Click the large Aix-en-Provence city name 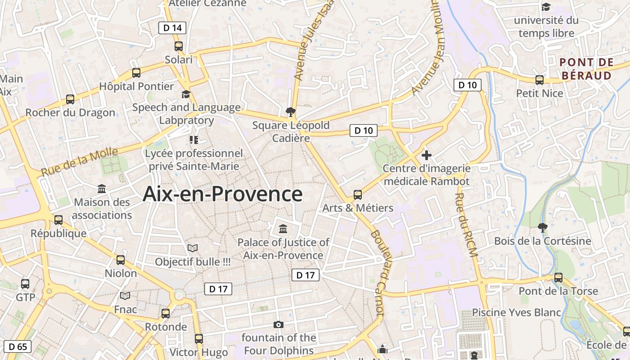pyautogui.click(x=222, y=194)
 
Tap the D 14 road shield pyautogui.click(x=172, y=28)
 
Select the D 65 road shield pyautogui.click(x=18, y=346)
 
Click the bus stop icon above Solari pyautogui.click(x=179, y=46)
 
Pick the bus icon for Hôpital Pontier pyautogui.click(x=136, y=72)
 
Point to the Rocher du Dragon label pyautogui.click(x=70, y=112)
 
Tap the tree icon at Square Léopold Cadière pyautogui.click(x=291, y=112)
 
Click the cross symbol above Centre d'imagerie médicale pyautogui.click(x=426, y=156)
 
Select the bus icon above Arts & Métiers pyautogui.click(x=358, y=195)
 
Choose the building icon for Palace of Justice pyautogui.click(x=283, y=229)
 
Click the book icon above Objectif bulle pyautogui.click(x=193, y=248)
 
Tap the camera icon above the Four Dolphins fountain pyautogui.click(x=279, y=324)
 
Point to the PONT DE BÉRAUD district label pyautogui.click(x=587, y=69)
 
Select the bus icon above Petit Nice pyautogui.click(x=540, y=80)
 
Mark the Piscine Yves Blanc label pyautogui.click(x=516, y=312)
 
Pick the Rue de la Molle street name pyautogui.click(x=79, y=162)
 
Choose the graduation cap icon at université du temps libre pyautogui.click(x=546, y=7)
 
